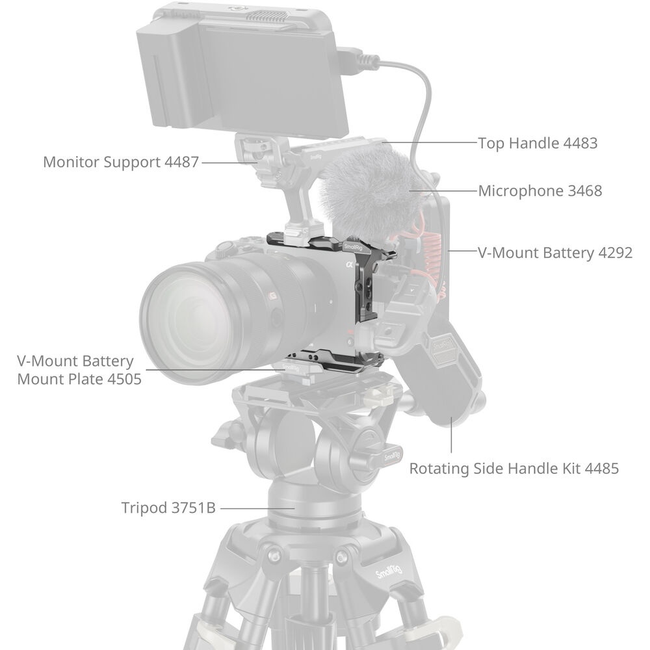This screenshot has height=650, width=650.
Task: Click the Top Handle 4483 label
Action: [x=538, y=143]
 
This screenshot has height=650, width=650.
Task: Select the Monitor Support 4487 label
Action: [x=121, y=162]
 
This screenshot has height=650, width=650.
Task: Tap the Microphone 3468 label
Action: [x=540, y=190]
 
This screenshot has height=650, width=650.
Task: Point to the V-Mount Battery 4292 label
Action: [x=555, y=252]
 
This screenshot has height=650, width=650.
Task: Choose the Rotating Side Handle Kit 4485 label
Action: [x=514, y=469]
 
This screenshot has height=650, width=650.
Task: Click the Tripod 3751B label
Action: [x=168, y=508]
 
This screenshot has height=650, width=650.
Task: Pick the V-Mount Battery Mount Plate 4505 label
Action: [x=79, y=370]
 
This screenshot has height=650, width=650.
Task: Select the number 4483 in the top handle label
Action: [x=580, y=143]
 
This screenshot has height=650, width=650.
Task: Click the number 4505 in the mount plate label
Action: [x=124, y=379]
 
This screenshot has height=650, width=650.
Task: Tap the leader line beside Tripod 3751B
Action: [x=257, y=508]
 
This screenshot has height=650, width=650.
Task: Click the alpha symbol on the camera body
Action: [x=349, y=264]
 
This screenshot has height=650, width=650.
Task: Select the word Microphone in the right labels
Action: [x=521, y=190]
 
